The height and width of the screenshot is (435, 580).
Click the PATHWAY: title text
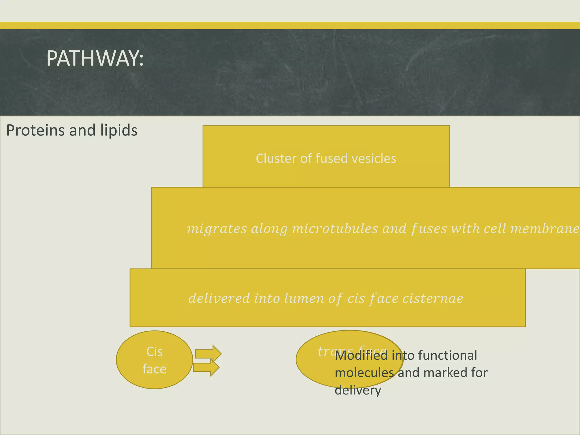pyautogui.click(x=95, y=59)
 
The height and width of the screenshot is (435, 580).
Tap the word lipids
pyautogui.click(x=119, y=131)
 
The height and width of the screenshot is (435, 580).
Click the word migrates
pyautogui.click(x=217, y=229)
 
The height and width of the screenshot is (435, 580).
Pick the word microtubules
pyautogui.click(x=335, y=229)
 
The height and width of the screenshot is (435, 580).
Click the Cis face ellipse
pyautogui.click(x=154, y=360)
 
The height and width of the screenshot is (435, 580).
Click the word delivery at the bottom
pyautogui.click(x=358, y=391)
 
